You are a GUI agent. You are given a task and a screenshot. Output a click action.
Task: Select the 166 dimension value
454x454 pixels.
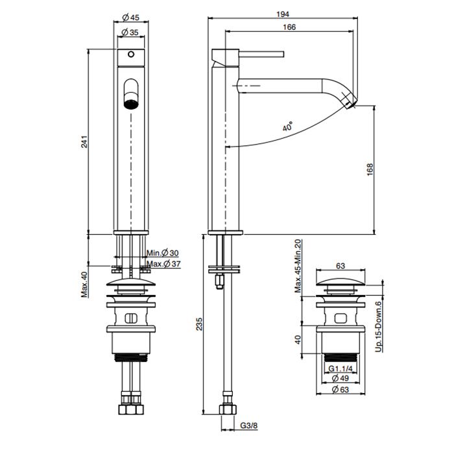pos(289,27)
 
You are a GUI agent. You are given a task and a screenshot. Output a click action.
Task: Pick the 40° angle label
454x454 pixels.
pos(287,128)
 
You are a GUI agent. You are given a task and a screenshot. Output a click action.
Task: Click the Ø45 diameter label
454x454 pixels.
pos(130,18)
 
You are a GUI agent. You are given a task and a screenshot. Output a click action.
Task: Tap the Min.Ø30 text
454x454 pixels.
pos(161,253)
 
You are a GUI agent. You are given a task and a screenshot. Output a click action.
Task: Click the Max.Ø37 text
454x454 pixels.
pos(163,264)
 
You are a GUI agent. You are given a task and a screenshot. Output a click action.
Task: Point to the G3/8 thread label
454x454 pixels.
pos(249,426)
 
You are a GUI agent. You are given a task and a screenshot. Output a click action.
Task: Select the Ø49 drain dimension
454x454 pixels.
pos(340,378)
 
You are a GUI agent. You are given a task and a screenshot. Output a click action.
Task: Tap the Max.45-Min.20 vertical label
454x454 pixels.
pos(298,265)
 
